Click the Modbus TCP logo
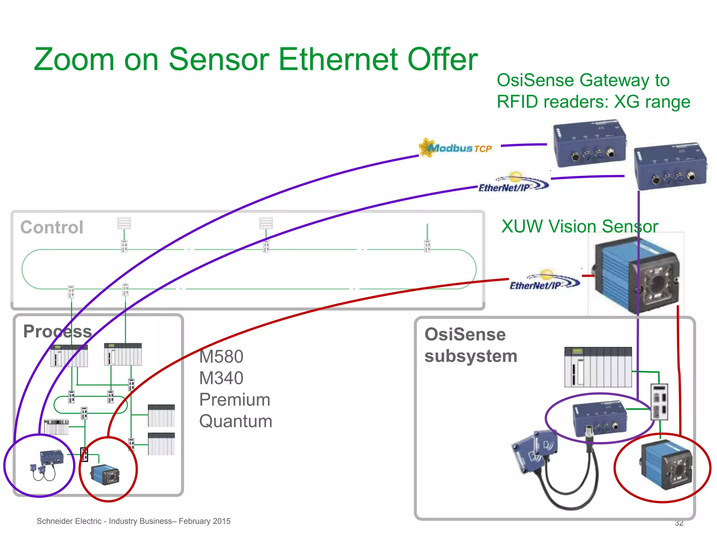click(455, 148)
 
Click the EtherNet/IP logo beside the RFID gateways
click(513, 183)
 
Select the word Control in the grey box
click(52, 227)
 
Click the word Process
click(58, 331)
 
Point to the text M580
click(221, 357)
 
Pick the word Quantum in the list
click(236, 421)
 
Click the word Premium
click(235, 400)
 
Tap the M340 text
click(221, 378)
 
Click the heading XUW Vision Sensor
click(579, 226)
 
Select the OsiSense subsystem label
click(470, 345)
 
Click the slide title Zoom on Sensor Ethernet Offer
click(256, 60)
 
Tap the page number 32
click(679, 523)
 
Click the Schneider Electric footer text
click(133, 521)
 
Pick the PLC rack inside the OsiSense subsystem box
click(598, 367)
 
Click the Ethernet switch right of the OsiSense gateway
click(659, 402)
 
